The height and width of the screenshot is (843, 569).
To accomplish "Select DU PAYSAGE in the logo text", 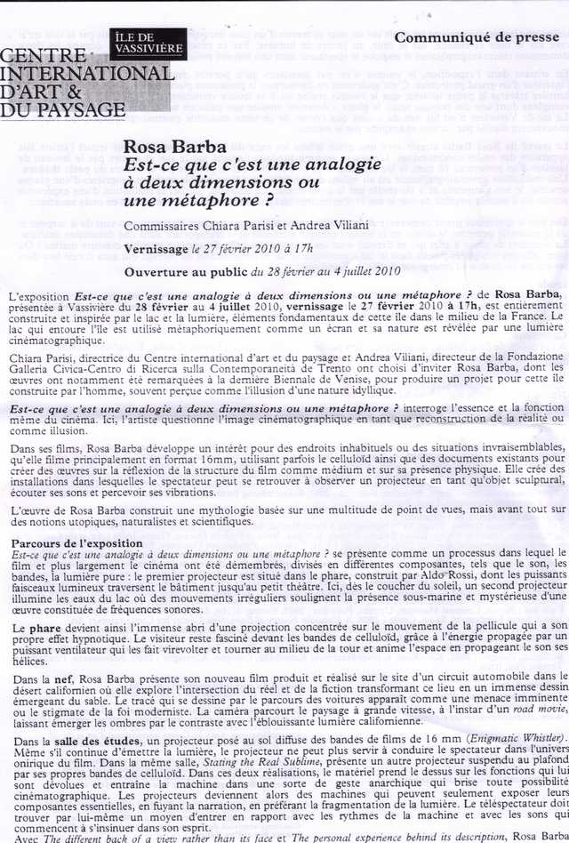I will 62,109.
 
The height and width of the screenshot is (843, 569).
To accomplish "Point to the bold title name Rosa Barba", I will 164,147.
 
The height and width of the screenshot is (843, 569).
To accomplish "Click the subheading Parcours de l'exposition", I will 75,542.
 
